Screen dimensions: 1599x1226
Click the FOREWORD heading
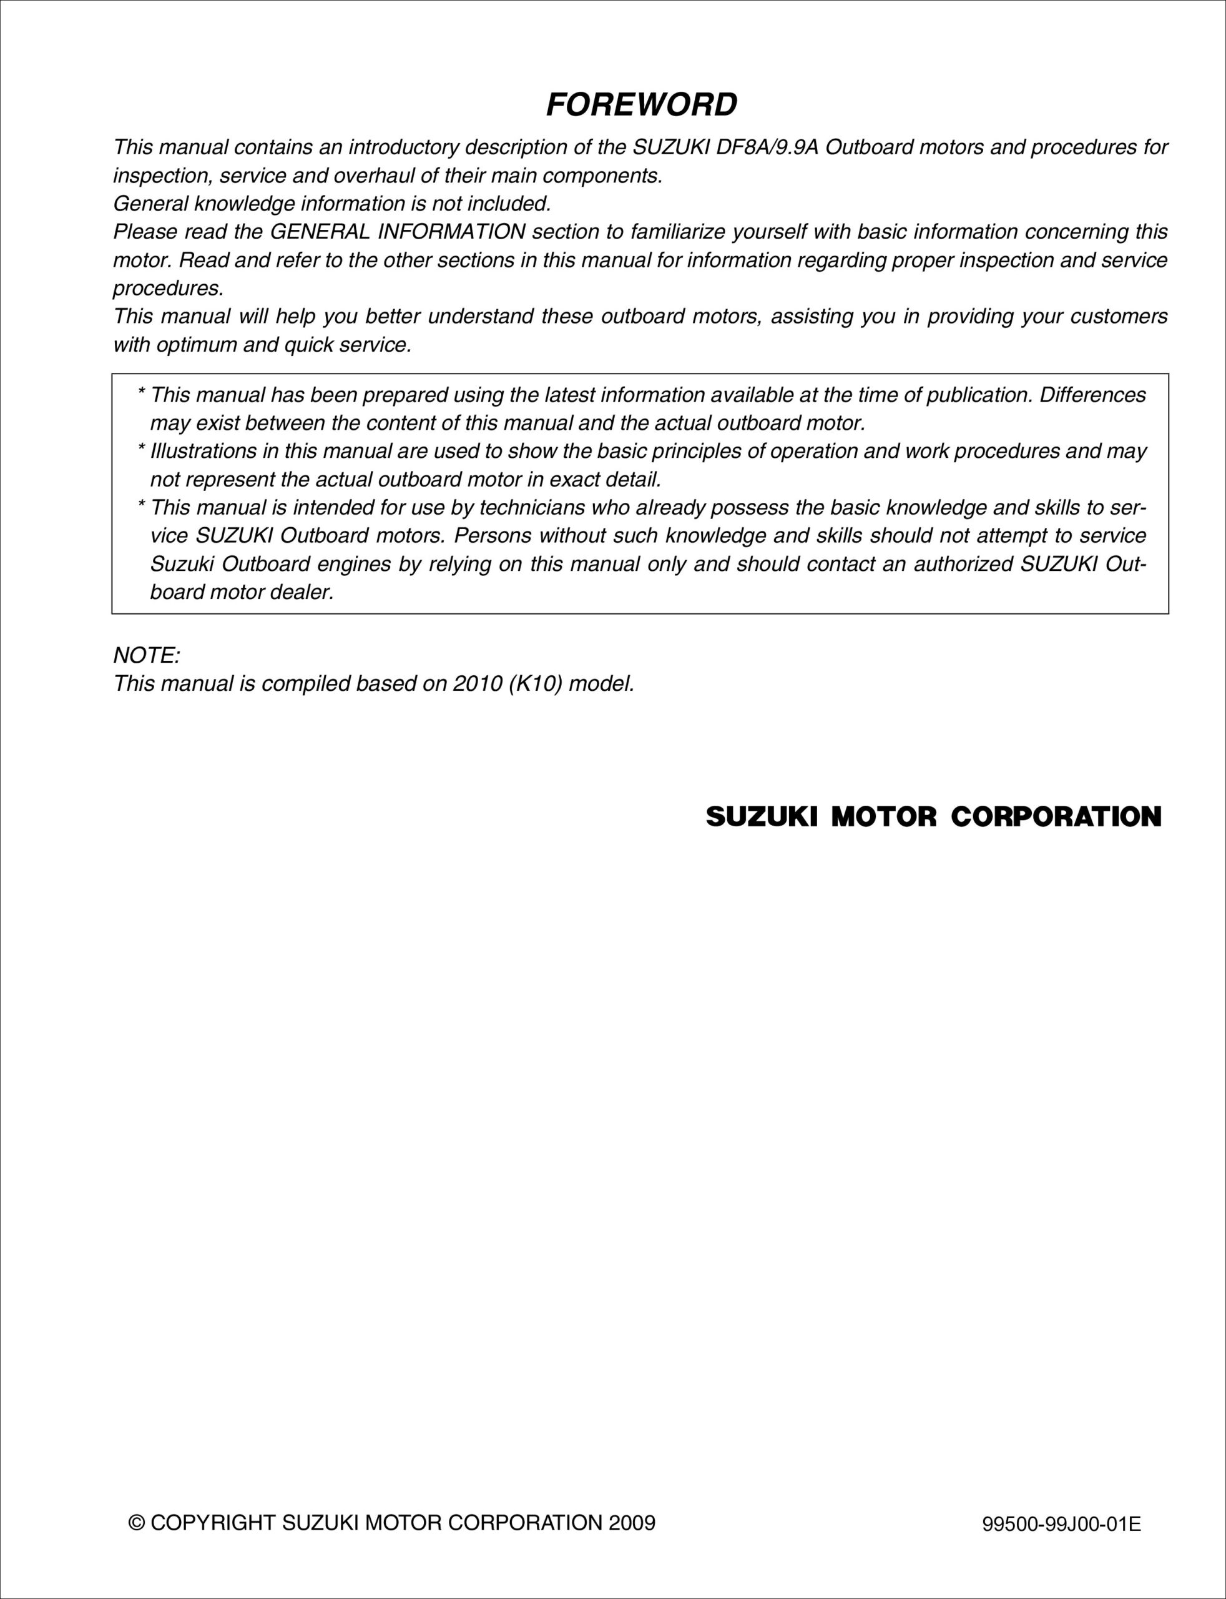pos(642,105)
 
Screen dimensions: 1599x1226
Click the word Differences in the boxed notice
pos(1092,395)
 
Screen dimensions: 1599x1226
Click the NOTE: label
pos(147,656)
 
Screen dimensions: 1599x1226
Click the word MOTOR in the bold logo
pos(883,817)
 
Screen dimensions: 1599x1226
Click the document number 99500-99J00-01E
pos(1061,1525)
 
